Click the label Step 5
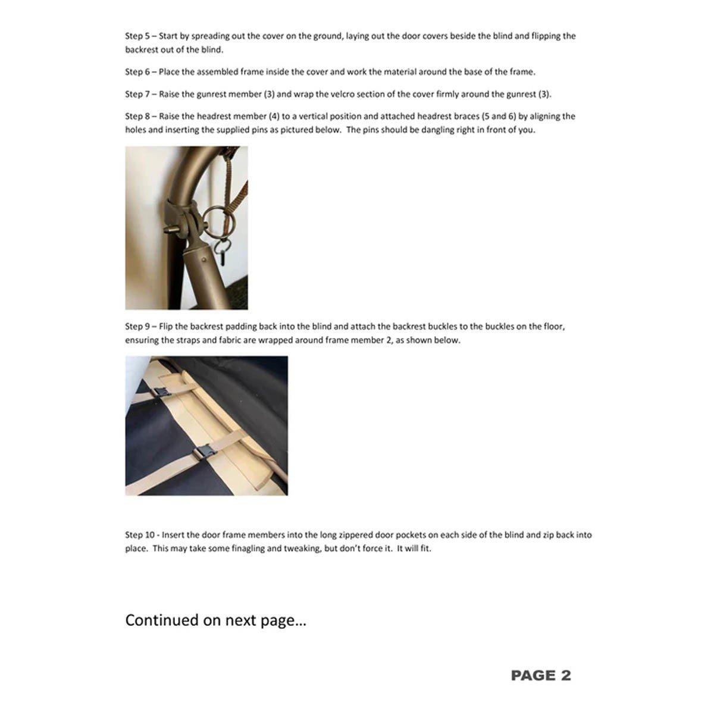137,36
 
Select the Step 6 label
137,72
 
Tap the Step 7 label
137,95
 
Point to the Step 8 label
137,117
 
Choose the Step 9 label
137,327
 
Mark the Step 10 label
139,535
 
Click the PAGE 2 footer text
540,675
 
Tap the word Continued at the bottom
162,621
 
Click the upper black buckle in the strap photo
161,392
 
